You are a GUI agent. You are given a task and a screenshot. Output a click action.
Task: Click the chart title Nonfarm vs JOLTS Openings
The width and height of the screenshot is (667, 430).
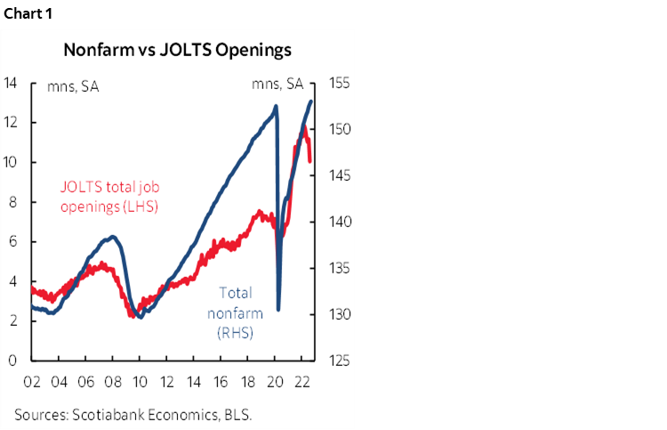click(177, 51)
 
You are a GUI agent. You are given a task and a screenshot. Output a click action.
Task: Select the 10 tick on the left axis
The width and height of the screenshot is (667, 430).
click(11, 163)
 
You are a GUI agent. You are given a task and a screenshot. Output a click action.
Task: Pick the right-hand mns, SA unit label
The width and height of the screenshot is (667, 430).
click(277, 85)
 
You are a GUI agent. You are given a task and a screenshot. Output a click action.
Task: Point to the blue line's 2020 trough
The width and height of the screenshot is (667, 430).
click(279, 310)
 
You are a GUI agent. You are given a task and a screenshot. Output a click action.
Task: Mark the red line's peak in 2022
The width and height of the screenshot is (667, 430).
click(304, 128)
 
